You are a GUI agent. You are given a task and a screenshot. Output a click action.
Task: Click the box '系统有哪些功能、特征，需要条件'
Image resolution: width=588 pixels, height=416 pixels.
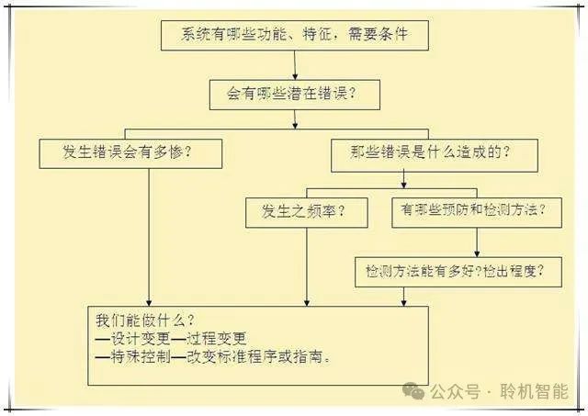[294, 36]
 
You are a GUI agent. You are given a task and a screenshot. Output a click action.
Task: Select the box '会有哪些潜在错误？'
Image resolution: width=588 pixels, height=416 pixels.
[294, 93]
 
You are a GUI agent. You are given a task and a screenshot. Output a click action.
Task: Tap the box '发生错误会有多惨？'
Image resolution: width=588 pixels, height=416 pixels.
[131, 153]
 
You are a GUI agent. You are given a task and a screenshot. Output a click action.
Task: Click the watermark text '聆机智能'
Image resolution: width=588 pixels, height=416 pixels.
[534, 392]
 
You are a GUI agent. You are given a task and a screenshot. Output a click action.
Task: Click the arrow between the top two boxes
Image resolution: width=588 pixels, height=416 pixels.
[294, 64]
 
